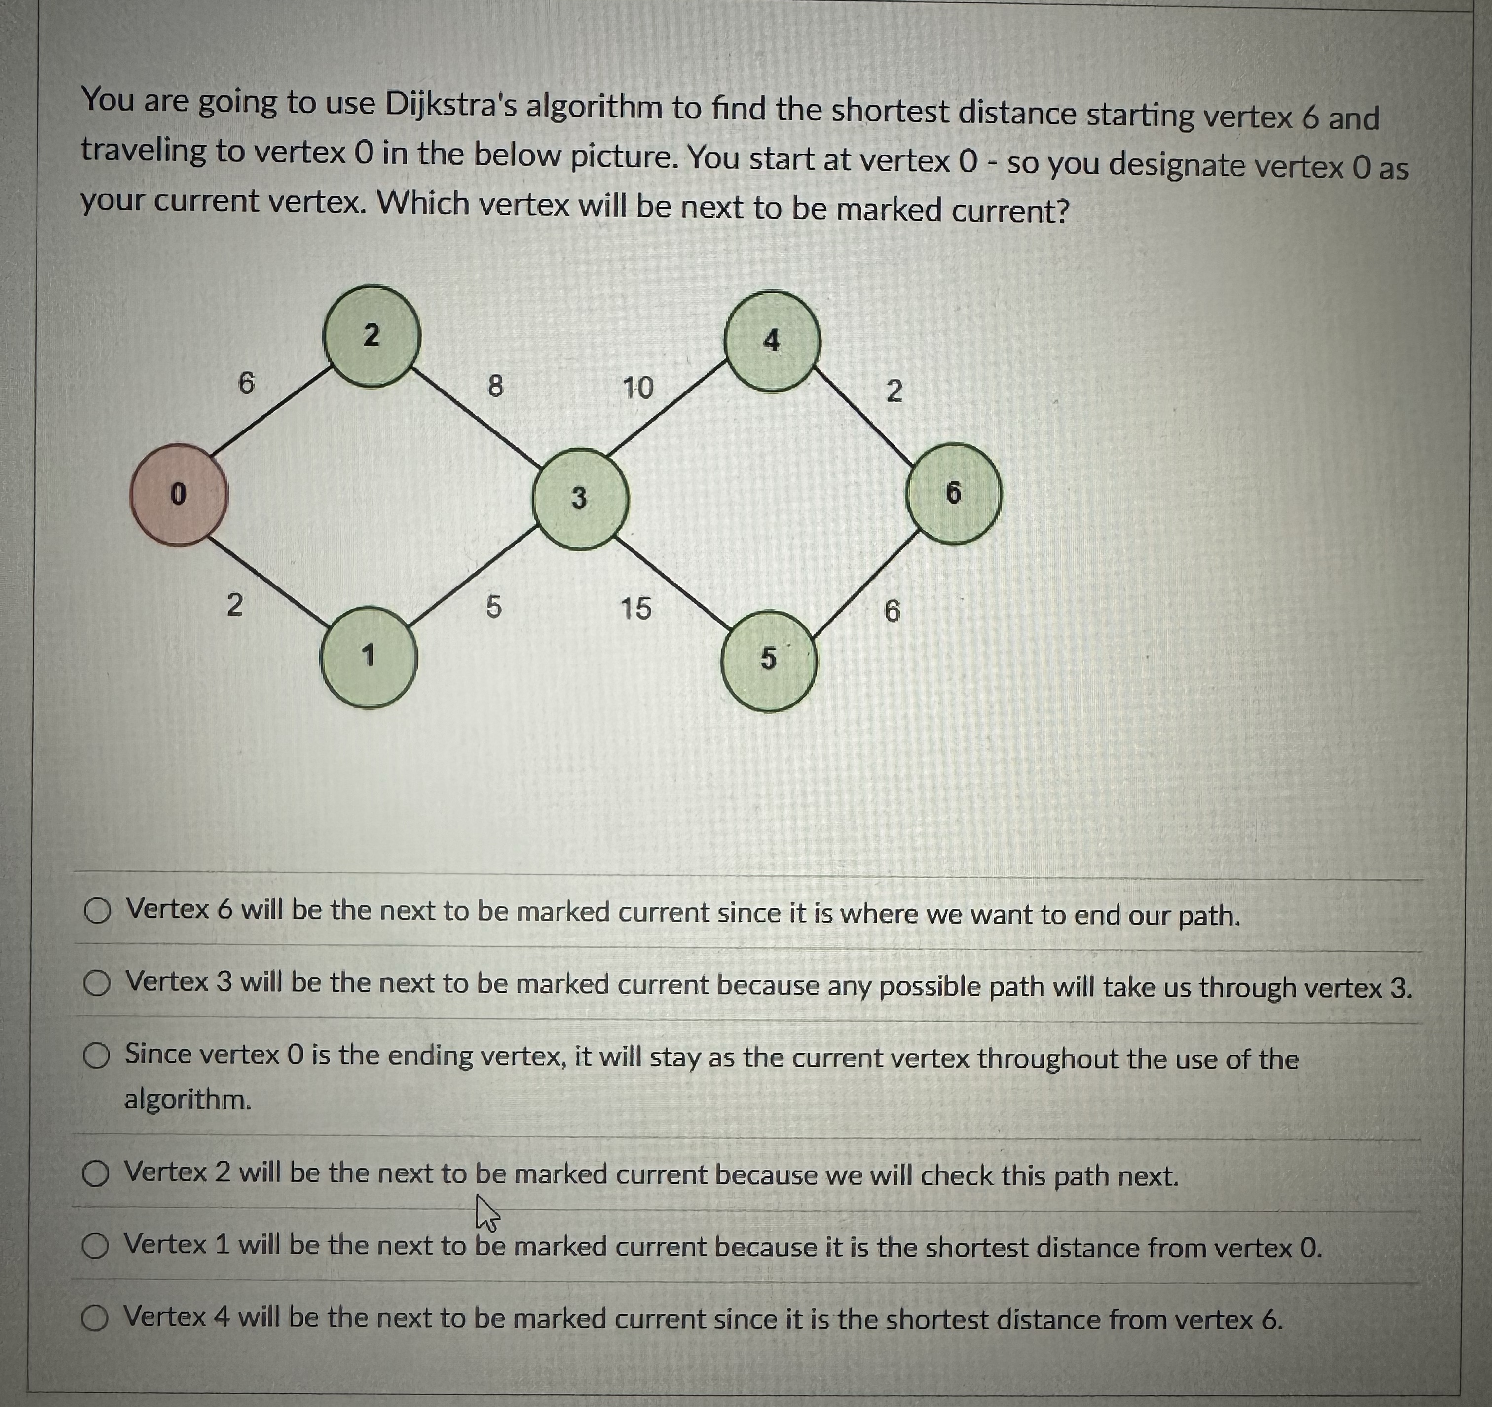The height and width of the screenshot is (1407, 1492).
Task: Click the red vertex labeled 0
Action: point(178,495)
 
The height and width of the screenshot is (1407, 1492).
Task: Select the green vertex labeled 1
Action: point(368,658)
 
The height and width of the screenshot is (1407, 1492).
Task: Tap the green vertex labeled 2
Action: point(372,336)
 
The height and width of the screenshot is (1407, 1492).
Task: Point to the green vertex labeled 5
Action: point(769,661)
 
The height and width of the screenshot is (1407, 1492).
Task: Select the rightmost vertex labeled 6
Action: point(953,493)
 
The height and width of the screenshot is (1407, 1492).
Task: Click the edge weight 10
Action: point(638,388)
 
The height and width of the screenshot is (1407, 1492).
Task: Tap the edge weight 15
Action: point(635,608)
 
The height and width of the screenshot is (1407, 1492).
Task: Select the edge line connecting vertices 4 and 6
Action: point(862,416)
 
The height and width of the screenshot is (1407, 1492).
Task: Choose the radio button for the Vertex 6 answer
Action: point(97,912)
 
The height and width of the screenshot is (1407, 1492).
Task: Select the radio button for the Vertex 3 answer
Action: point(96,983)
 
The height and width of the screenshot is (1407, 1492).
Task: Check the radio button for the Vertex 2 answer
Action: point(95,1173)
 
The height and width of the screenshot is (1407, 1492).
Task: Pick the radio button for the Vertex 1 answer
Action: point(95,1247)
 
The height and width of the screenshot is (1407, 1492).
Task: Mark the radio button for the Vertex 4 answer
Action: point(95,1319)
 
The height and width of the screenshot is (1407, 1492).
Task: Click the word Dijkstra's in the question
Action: point(449,105)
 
